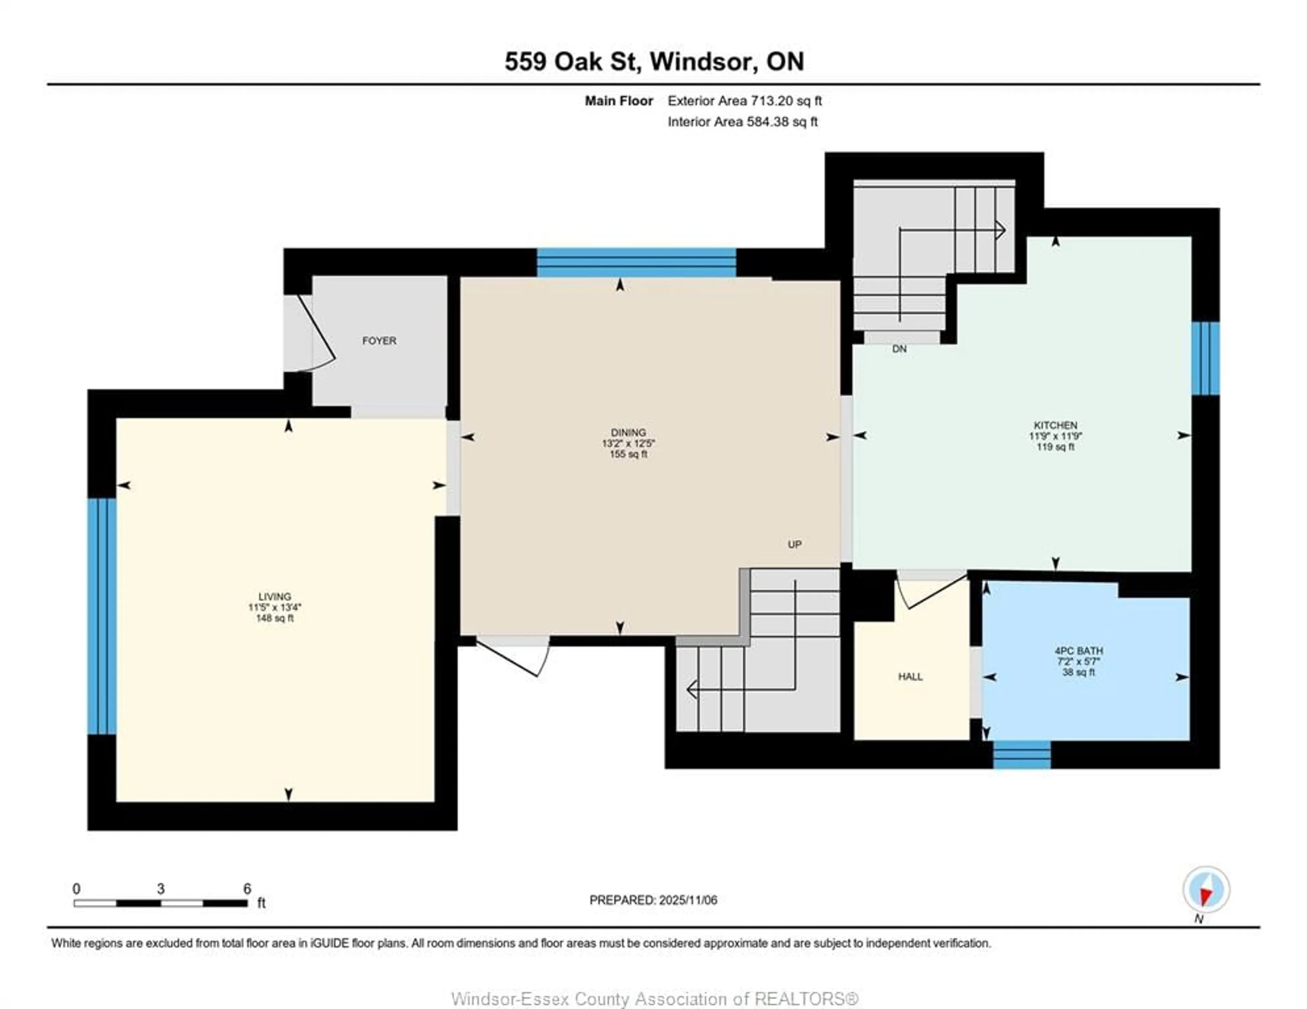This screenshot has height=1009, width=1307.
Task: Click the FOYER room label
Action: click(x=379, y=340)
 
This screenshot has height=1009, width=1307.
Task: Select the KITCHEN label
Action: click(x=1055, y=425)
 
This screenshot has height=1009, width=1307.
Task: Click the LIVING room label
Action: click(x=275, y=596)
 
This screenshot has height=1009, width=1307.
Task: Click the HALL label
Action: click(x=910, y=676)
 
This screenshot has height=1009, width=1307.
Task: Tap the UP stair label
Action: click(x=794, y=544)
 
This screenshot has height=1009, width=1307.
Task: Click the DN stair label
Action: click(x=899, y=349)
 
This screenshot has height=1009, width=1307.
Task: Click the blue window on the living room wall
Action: click(x=102, y=616)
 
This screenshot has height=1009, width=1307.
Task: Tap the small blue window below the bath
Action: click(x=1021, y=754)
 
